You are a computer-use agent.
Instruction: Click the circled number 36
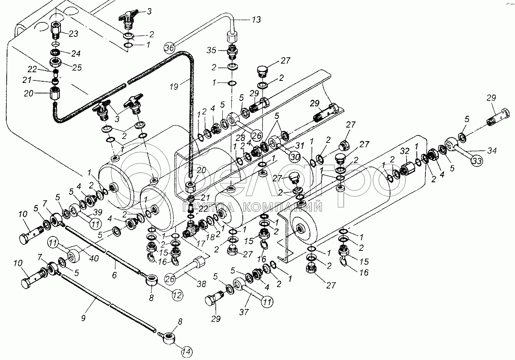169,48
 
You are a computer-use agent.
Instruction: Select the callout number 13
256,20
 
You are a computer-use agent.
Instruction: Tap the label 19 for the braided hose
174,87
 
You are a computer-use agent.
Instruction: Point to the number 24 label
76,53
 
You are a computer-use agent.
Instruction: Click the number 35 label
211,50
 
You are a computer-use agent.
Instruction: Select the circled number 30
295,157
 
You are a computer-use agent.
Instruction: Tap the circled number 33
477,161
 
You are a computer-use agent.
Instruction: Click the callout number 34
492,151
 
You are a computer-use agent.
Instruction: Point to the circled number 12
178,295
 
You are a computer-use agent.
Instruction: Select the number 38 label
202,284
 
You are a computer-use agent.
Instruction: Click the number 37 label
244,312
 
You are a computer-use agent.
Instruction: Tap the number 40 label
94,258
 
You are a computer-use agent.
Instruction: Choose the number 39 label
97,212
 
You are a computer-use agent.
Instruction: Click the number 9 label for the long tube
83,318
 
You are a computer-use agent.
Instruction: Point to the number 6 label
114,275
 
